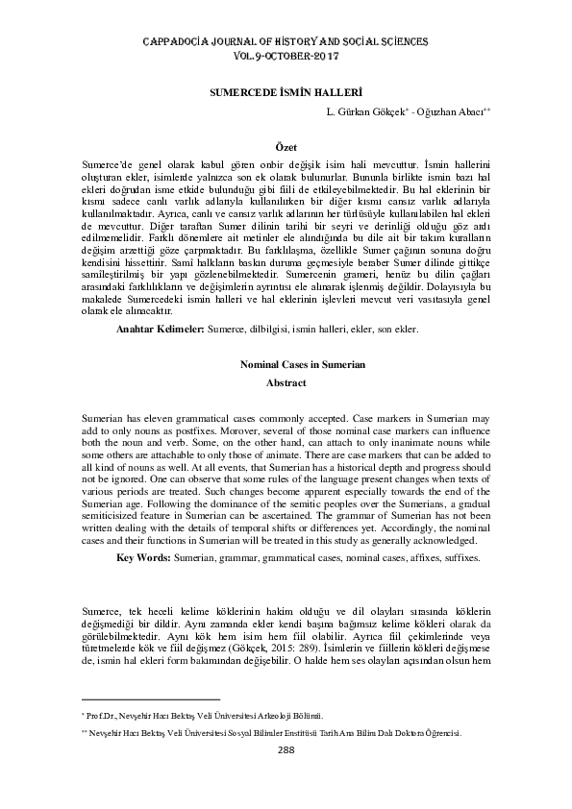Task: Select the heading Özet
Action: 286,143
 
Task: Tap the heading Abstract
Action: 286,382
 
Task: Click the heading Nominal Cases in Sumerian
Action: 286,365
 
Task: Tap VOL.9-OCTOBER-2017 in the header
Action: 286,58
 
